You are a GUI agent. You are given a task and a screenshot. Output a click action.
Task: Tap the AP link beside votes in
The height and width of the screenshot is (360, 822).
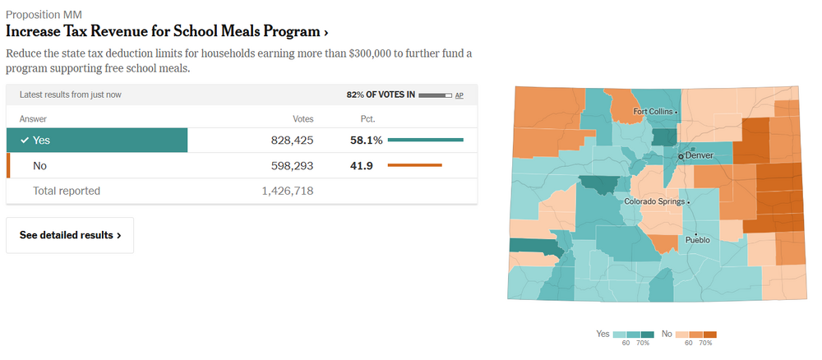click(459, 95)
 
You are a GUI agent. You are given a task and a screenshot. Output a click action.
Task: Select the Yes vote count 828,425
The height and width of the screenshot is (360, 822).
click(292, 141)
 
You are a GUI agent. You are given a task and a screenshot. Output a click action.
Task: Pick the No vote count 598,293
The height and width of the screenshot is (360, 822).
click(292, 166)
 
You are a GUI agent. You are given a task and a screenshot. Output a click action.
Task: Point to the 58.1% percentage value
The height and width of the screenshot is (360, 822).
click(366, 141)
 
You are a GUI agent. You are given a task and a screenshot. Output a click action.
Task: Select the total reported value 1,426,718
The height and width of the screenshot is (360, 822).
click(287, 191)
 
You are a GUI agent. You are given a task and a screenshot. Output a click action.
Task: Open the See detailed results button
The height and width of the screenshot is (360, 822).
click(70, 235)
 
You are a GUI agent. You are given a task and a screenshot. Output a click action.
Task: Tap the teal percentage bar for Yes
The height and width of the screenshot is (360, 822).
click(425, 141)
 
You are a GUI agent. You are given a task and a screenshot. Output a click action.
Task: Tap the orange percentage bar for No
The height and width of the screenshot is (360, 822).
click(414, 166)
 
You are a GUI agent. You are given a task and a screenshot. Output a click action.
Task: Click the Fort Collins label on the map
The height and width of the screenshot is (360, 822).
click(653, 111)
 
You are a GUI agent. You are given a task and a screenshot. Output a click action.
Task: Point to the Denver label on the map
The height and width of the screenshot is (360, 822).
click(699, 155)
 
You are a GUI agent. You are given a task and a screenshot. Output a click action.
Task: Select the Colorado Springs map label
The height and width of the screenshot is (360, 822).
click(655, 201)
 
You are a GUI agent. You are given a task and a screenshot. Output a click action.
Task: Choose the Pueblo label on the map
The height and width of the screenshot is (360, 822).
click(697, 240)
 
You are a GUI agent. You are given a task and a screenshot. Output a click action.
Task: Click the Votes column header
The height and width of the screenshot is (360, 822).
click(302, 118)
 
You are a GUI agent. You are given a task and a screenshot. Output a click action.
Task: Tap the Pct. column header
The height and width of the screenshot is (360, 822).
click(367, 118)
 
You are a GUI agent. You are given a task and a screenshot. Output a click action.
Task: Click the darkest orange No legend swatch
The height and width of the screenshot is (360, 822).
click(710, 334)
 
